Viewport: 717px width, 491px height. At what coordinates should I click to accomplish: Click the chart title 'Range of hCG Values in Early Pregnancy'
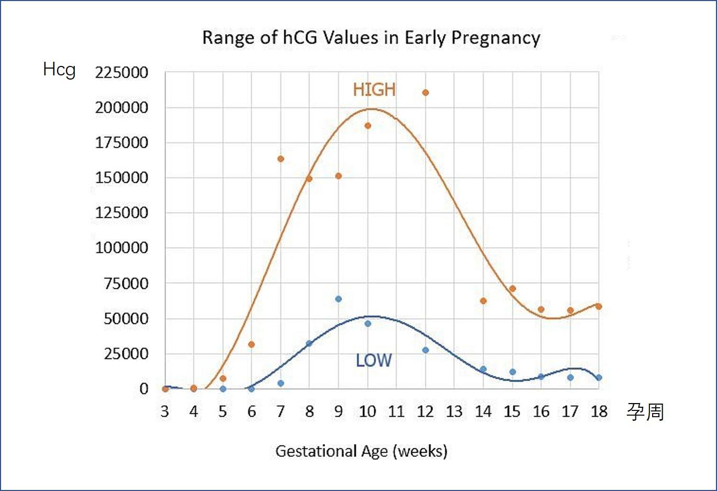coord(371,38)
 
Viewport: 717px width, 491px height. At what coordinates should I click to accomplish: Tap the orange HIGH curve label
coord(374,90)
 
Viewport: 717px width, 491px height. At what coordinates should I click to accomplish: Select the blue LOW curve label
coord(373,361)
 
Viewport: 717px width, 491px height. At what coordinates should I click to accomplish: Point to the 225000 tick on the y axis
coord(121,73)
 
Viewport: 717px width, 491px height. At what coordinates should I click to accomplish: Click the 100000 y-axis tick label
coord(121,248)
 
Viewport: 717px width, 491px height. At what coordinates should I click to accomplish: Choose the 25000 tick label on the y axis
coord(126,354)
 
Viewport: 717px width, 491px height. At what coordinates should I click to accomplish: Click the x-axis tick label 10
coord(367,412)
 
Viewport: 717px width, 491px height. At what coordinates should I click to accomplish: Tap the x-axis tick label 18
coord(599,412)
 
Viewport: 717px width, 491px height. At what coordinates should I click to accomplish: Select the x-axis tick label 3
coord(165,412)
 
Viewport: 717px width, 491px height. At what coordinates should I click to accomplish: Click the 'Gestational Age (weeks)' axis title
coord(361,451)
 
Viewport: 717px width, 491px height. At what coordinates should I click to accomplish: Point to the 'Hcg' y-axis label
coord(59,70)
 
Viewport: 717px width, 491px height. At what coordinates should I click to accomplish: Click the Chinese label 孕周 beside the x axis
coord(645,412)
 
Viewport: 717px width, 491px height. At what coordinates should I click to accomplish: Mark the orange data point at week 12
coord(425,93)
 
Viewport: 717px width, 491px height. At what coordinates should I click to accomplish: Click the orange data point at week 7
coord(281,159)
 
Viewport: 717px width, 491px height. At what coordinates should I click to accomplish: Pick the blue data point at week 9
coord(339,299)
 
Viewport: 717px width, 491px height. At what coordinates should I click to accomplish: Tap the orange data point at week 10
coord(368,126)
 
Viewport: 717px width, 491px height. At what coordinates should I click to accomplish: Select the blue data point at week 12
coord(425,350)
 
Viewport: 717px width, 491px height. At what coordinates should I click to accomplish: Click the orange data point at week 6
coord(251,344)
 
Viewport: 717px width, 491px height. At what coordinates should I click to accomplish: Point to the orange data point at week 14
coord(483,301)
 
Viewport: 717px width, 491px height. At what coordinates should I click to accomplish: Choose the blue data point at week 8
coord(309,343)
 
